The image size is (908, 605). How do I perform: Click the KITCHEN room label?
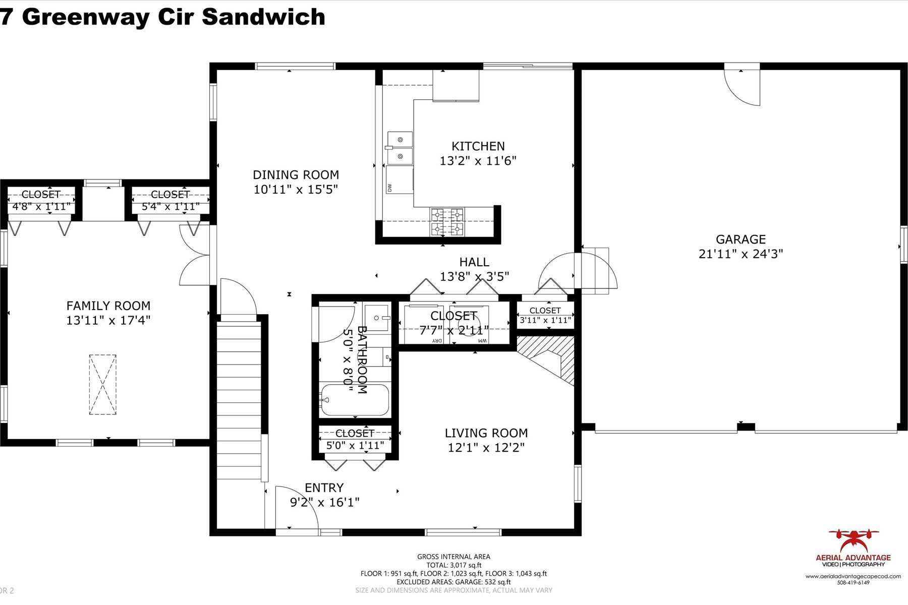[478, 146]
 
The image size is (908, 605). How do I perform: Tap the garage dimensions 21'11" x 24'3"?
[740, 254]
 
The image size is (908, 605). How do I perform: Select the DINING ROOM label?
[296, 175]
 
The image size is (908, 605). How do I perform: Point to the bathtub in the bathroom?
[355, 400]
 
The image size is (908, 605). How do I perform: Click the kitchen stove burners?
[446, 222]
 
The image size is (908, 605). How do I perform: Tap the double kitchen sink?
[400, 148]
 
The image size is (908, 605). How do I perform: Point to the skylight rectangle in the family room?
[102, 385]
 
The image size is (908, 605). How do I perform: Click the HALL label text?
[474, 262]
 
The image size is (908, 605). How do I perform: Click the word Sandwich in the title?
[264, 17]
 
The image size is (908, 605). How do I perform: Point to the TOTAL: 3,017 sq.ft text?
[453, 565]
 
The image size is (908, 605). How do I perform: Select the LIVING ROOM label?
[486, 433]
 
